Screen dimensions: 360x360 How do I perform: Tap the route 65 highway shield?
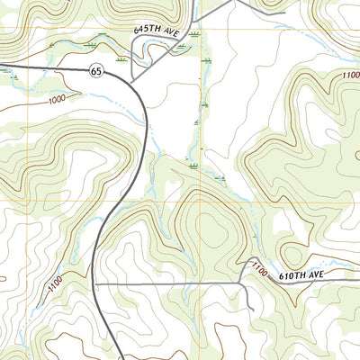(94, 70)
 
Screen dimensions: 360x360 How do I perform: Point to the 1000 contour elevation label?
(58, 99)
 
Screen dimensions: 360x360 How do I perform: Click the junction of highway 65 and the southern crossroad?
(95, 283)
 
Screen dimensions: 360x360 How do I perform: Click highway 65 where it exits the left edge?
(2, 65)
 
